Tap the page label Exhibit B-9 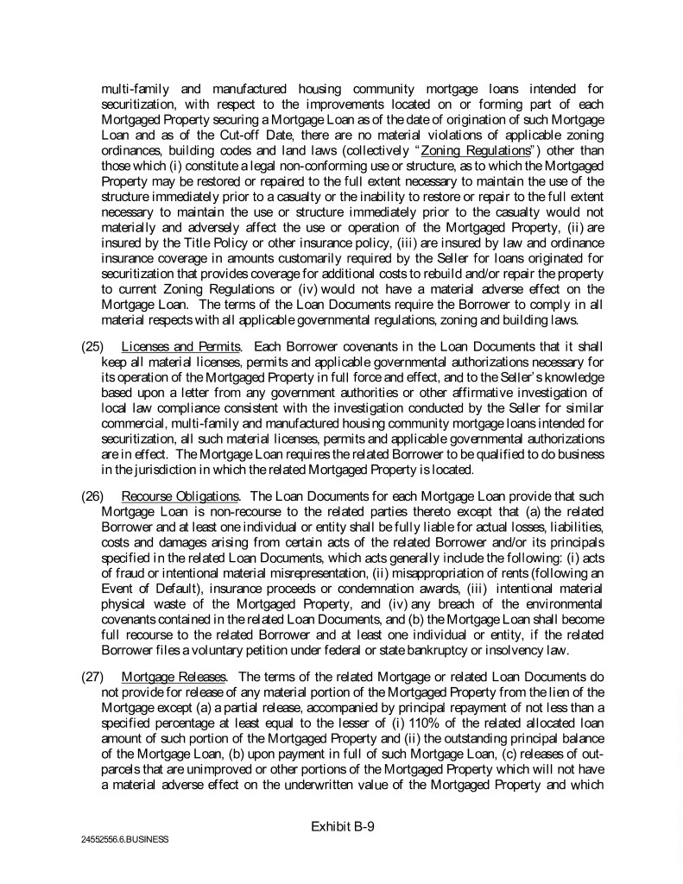pos(342,825)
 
